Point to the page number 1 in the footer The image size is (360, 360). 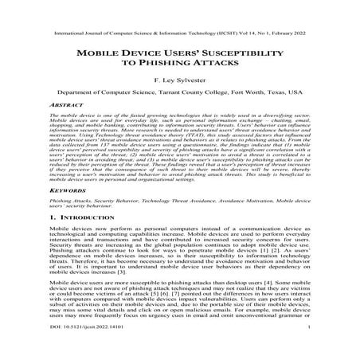pyautogui.click(x=307, y=348)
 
